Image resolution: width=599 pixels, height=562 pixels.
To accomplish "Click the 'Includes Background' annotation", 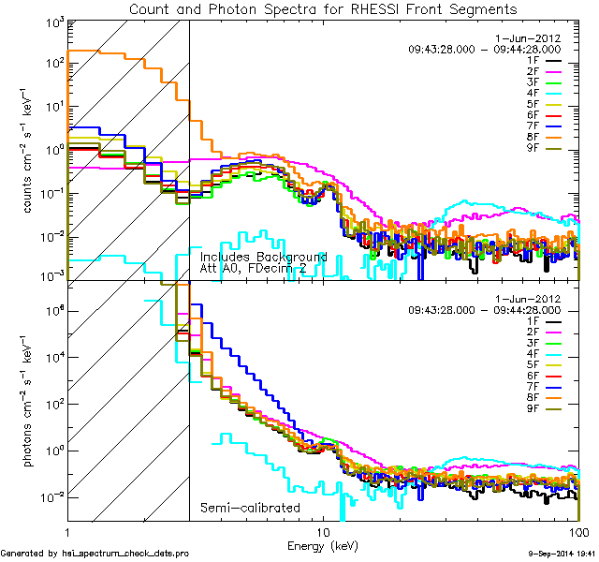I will click(263, 257).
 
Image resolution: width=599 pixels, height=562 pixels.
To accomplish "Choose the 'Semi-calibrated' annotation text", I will click(250, 508).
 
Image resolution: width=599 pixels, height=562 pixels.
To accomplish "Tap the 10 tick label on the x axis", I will click(322, 530).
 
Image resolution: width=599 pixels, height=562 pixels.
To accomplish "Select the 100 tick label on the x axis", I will click(578, 530).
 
